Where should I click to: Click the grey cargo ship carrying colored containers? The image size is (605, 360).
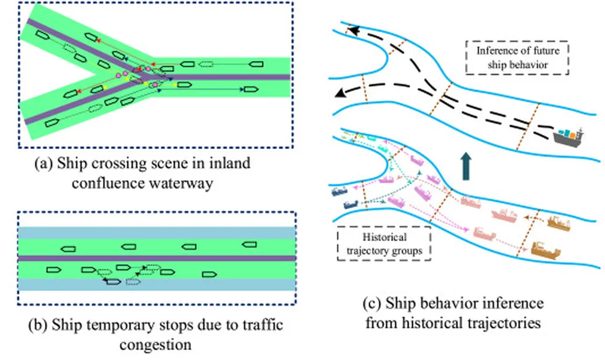[x=569, y=134]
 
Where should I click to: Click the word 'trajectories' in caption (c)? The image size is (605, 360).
[x=512, y=323]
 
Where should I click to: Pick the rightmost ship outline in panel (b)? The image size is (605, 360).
[x=249, y=244]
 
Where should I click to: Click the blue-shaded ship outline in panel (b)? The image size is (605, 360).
[x=113, y=282]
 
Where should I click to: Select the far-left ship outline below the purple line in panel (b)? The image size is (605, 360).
[x=53, y=270]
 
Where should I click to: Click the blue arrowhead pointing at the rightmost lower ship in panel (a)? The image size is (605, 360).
[x=242, y=90]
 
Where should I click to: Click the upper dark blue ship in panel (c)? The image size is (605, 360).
[x=339, y=191]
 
